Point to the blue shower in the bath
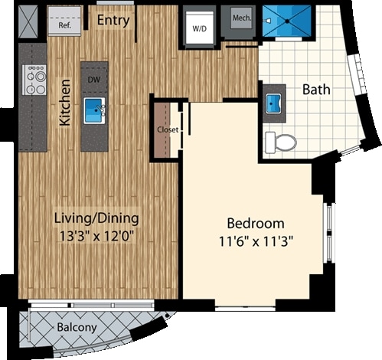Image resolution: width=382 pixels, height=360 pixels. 286,22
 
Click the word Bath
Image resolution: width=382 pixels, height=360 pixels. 316,89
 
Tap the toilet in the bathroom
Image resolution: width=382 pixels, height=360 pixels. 281,142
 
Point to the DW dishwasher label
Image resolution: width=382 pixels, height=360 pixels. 93,78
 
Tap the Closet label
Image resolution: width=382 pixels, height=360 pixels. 167,129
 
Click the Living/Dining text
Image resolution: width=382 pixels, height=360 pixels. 96,218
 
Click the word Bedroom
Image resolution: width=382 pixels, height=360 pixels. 256,224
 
